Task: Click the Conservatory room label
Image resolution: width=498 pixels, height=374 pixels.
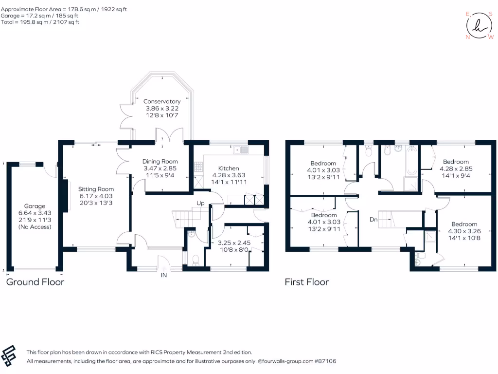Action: (162, 101)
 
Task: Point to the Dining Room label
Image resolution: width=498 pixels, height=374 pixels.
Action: (160, 161)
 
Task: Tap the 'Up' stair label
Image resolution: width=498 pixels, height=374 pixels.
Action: (200, 203)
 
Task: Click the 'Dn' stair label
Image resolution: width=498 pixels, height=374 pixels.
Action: (373, 220)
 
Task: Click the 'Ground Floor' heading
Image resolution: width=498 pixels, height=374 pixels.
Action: (35, 282)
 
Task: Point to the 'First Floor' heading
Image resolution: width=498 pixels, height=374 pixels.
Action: (307, 282)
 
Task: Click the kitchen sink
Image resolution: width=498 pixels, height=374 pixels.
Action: (240, 150)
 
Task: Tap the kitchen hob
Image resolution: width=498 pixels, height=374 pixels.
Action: (198, 167)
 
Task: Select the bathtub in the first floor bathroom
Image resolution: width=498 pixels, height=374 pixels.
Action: (411, 160)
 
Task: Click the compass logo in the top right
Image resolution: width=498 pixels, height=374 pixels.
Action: (480, 25)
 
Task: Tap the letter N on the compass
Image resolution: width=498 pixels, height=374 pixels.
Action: (468, 37)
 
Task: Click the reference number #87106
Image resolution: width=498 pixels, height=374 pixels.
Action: (325, 361)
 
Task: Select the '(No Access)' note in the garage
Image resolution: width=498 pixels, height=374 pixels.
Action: (35, 227)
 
